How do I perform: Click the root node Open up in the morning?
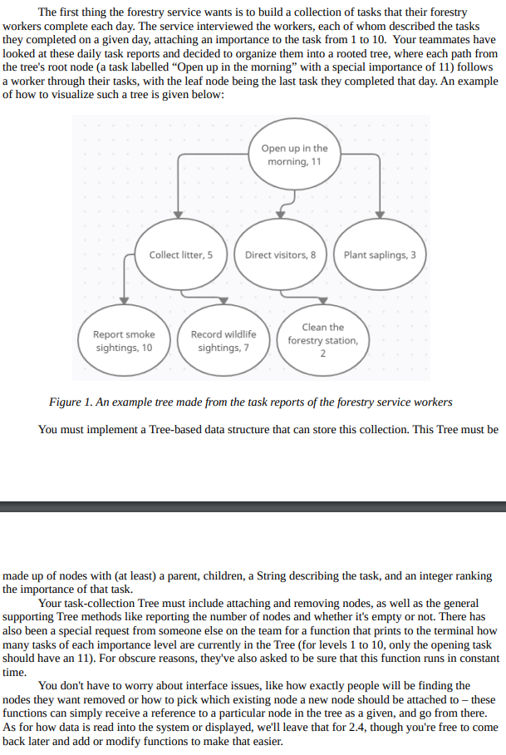pos(294,155)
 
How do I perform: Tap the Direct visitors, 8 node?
pos(280,254)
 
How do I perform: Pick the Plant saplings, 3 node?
pos(380,254)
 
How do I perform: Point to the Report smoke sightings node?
pos(124,341)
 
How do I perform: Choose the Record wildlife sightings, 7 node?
pos(224,341)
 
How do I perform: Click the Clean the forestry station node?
pos(322,340)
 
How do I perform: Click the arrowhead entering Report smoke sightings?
pos(124,300)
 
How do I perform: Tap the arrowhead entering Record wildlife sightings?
pos(224,300)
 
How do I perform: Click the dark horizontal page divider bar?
pos(253,506)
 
